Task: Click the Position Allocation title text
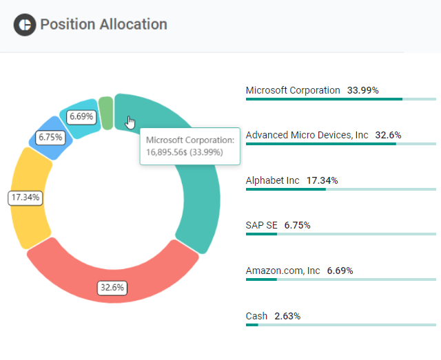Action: pos(103,24)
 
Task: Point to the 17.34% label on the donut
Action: pos(25,198)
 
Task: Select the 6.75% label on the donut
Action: pos(50,138)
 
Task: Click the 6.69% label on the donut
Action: pos(81,117)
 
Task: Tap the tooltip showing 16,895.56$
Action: pos(189,146)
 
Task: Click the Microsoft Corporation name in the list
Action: pos(293,90)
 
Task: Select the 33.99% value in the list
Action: pos(362,90)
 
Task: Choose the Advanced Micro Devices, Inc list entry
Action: pos(307,135)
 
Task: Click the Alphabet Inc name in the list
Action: pos(273,180)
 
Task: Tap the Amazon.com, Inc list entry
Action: pos(283,271)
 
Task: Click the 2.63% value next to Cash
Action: pos(287,316)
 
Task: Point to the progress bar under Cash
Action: pos(340,325)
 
